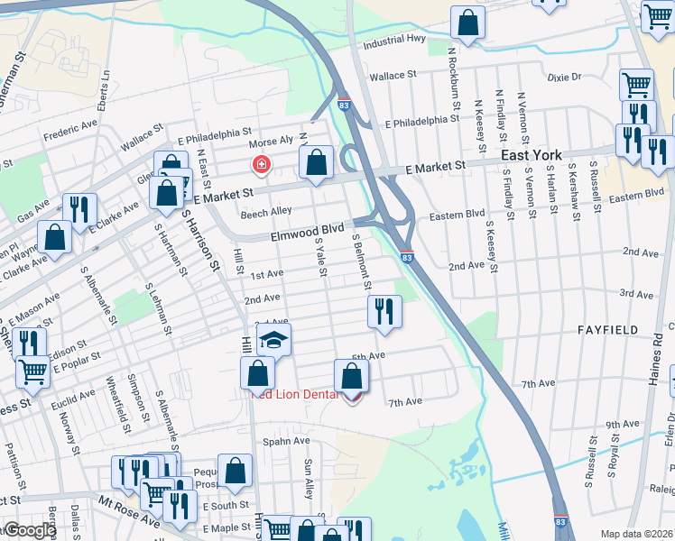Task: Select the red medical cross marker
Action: [x=262, y=165]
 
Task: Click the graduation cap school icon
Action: [x=273, y=340]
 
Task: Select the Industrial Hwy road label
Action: [x=393, y=41]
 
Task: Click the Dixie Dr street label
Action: [x=564, y=78]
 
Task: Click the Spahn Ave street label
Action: [x=286, y=442]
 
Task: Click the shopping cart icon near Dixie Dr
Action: [x=636, y=84]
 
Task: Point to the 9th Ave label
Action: [x=622, y=424]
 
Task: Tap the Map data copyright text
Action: [x=635, y=533]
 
